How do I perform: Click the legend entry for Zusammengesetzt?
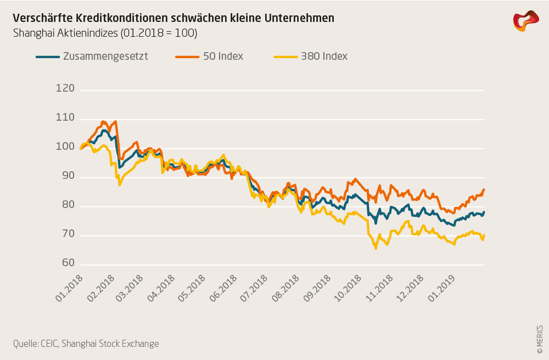tap(105, 56)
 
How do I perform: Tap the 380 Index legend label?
tap(324, 56)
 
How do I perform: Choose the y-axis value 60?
tap(66, 263)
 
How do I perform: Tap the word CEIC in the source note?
tap(48, 344)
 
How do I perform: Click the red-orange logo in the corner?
tap(526, 21)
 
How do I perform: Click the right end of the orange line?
tap(484, 189)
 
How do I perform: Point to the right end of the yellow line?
tap(484, 235)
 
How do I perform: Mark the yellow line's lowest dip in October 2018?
tap(376, 249)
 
